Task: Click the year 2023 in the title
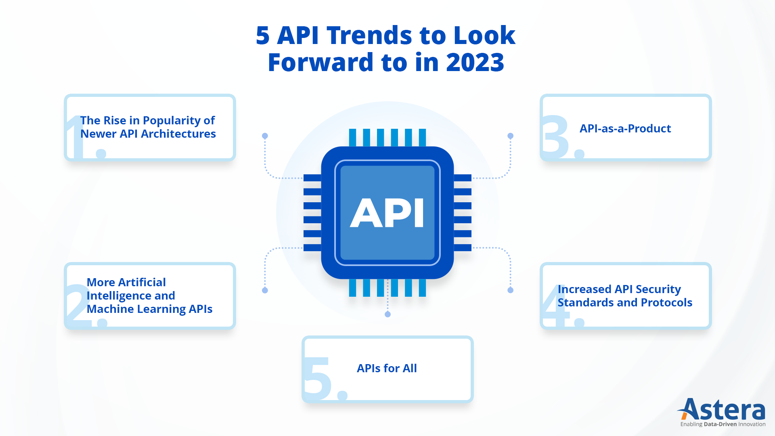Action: click(475, 63)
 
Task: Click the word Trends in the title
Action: click(369, 35)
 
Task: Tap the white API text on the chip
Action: click(387, 213)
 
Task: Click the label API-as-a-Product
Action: click(625, 128)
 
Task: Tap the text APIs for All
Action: click(387, 368)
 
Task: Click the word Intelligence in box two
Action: click(131, 296)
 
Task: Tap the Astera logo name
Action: click(722, 410)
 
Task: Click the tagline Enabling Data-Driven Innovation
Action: click(723, 424)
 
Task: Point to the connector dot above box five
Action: click(387, 314)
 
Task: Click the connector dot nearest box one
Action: click(265, 136)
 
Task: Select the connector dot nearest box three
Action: click(510, 136)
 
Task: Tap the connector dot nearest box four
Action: click(510, 290)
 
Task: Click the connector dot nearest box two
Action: click(265, 290)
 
